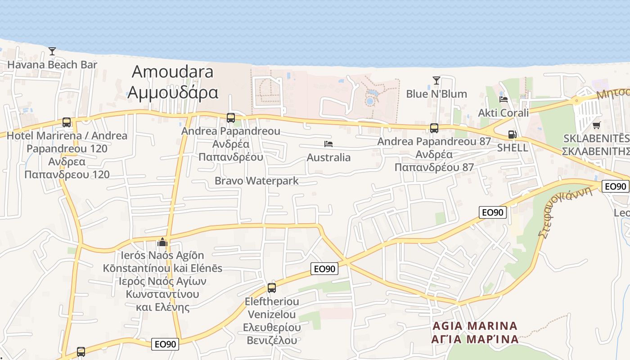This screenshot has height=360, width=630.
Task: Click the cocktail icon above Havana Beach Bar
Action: (52, 51)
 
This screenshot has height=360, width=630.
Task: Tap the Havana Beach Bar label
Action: (52, 65)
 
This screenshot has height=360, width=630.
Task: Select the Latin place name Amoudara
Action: (173, 72)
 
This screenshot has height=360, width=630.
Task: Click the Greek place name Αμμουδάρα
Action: (173, 92)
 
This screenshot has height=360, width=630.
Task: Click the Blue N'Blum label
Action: (436, 94)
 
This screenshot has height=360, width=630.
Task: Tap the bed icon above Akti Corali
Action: (504, 99)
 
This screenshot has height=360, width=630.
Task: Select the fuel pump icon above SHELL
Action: (512, 134)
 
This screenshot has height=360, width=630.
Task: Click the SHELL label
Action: (513, 148)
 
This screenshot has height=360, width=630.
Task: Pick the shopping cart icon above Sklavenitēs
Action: (597, 125)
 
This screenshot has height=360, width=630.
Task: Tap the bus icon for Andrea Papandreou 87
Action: (434, 128)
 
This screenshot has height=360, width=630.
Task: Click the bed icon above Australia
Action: (328, 144)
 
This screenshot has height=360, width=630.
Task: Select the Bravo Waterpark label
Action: (256, 181)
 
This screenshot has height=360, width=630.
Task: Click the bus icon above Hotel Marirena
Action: (67, 122)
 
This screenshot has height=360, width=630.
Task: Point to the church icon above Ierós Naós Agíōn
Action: (162, 243)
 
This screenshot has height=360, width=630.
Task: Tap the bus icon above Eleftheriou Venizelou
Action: (272, 288)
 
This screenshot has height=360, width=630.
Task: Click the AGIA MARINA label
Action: (475, 325)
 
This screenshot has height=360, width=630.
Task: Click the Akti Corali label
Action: (504, 112)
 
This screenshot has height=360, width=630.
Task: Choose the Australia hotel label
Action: (328, 157)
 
